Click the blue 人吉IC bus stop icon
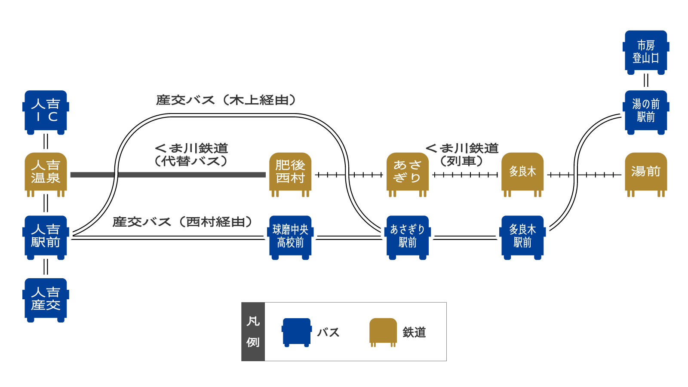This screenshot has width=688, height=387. point(46,112)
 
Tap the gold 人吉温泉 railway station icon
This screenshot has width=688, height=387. point(46,175)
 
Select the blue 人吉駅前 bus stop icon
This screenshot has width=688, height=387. point(46,237)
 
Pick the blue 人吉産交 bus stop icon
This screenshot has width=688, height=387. point(46,300)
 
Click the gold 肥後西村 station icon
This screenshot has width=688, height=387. point(290,175)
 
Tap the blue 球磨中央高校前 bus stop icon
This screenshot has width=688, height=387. point(290,237)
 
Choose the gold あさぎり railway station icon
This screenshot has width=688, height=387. point(407,175)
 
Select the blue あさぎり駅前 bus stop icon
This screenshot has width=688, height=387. point(407,237)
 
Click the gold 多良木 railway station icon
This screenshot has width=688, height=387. point(522,175)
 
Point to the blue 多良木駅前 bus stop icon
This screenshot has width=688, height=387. point(522,237)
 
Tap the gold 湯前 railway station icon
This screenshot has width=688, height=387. point(646,175)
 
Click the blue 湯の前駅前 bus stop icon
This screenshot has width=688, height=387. point(646,112)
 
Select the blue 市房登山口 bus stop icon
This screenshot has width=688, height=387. point(646,52)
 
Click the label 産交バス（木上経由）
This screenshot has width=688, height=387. point(226,100)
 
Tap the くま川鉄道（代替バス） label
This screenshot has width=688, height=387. point(191,154)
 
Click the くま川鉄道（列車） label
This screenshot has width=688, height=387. point(462,154)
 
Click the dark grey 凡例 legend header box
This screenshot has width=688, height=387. point(253,332)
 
